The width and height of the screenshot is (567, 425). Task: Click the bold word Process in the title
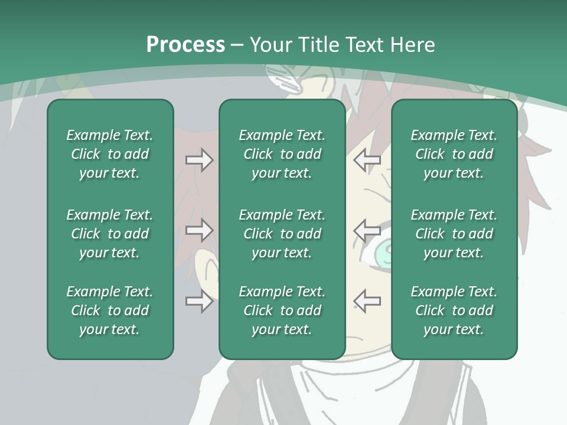tap(185, 45)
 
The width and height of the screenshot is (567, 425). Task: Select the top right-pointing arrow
tap(199, 160)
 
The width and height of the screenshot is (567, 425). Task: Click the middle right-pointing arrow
tap(199, 230)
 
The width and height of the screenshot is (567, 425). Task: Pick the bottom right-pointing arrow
tap(199, 301)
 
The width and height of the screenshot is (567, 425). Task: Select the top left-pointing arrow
tap(367, 160)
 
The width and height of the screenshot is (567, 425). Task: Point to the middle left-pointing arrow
tap(367, 230)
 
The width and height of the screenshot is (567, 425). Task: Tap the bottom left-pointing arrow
tap(367, 301)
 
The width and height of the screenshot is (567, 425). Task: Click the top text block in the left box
tap(110, 154)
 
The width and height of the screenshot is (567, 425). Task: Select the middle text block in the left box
tap(110, 234)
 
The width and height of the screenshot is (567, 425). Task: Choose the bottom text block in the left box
tap(110, 310)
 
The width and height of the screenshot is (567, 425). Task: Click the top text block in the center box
tap(282, 154)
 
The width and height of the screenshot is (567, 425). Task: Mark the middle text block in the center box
tap(282, 234)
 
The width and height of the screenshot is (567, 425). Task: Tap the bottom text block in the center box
tap(282, 310)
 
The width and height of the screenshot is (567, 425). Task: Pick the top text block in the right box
tap(454, 154)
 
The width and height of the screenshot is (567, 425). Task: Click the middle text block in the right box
tap(454, 234)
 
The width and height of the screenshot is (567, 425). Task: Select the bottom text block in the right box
tap(454, 310)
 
